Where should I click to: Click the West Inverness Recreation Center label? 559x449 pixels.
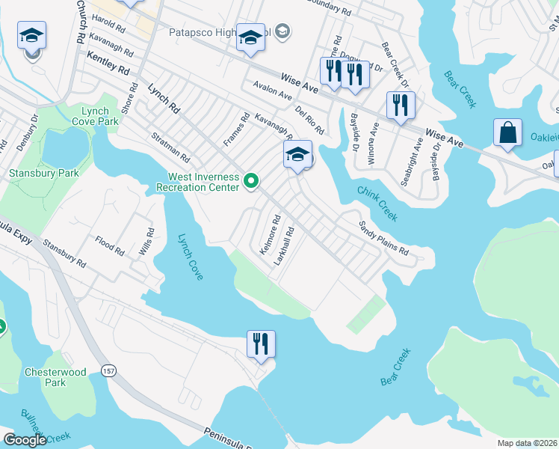tap(203, 182)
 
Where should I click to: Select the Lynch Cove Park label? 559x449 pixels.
tap(100, 116)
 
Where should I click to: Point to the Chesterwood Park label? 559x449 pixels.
tap(66, 377)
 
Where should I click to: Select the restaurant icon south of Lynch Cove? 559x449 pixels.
tap(261, 343)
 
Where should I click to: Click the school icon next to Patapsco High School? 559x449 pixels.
tap(251, 37)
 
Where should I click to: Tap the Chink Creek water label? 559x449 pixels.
tap(377, 204)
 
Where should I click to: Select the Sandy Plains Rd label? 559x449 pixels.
tap(383, 238)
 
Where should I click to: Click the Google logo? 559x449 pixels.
tap(25, 440)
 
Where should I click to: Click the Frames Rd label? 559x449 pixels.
tap(235, 129)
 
